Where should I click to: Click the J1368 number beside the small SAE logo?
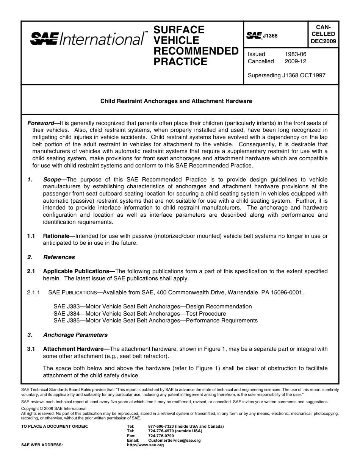[270, 36]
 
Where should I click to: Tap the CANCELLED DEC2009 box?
[323, 34]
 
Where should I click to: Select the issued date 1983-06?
[295, 54]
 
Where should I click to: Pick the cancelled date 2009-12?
[295, 61]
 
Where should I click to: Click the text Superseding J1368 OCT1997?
[286, 75]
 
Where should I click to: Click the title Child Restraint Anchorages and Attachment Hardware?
[176, 101]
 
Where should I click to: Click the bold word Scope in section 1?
[52, 180]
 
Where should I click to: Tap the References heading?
[59, 257]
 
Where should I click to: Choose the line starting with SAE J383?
[152, 306]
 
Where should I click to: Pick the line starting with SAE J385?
[155, 321]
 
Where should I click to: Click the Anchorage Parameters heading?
[75, 335]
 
